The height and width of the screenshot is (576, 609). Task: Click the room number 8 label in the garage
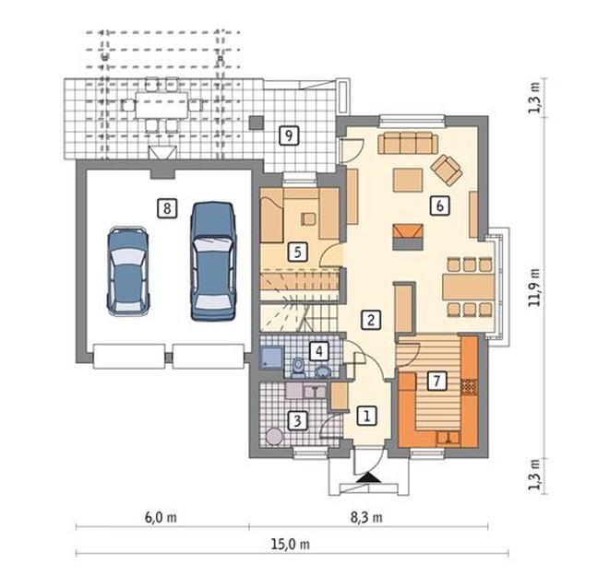click(x=167, y=208)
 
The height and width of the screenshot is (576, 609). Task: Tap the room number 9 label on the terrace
click(x=289, y=135)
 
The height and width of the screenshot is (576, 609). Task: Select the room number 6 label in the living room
click(x=439, y=206)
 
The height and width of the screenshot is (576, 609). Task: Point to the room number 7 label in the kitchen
click(x=437, y=381)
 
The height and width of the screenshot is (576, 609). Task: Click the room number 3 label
click(x=297, y=420)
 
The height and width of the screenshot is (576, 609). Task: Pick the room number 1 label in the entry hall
click(x=366, y=416)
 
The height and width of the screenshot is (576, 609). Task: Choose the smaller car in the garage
click(x=128, y=271)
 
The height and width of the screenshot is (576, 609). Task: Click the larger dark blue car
click(x=213, y=261)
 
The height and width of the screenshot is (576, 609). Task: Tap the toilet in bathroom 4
click(x=299, y=368)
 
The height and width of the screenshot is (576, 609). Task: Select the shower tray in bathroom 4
click(x=272, y=357)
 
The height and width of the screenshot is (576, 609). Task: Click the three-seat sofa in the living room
click(x=408, y=143)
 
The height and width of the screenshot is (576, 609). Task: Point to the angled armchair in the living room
click(x=447, y=170)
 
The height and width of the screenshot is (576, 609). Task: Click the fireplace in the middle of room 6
click(x=408, y=237)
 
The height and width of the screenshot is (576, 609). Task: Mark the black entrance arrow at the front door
click(x=368, y=477)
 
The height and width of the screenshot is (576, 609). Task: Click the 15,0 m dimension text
click(x=291, y=544)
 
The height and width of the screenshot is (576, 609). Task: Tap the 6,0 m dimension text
click(x=161, y=517)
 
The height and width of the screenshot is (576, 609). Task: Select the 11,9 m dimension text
click(x=535, y=288)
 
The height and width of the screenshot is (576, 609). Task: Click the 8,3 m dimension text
click(x=366, y=517)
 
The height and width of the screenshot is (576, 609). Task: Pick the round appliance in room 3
click(x=275, y=436)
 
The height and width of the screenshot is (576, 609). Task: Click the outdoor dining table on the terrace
click(x=162, y=105)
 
